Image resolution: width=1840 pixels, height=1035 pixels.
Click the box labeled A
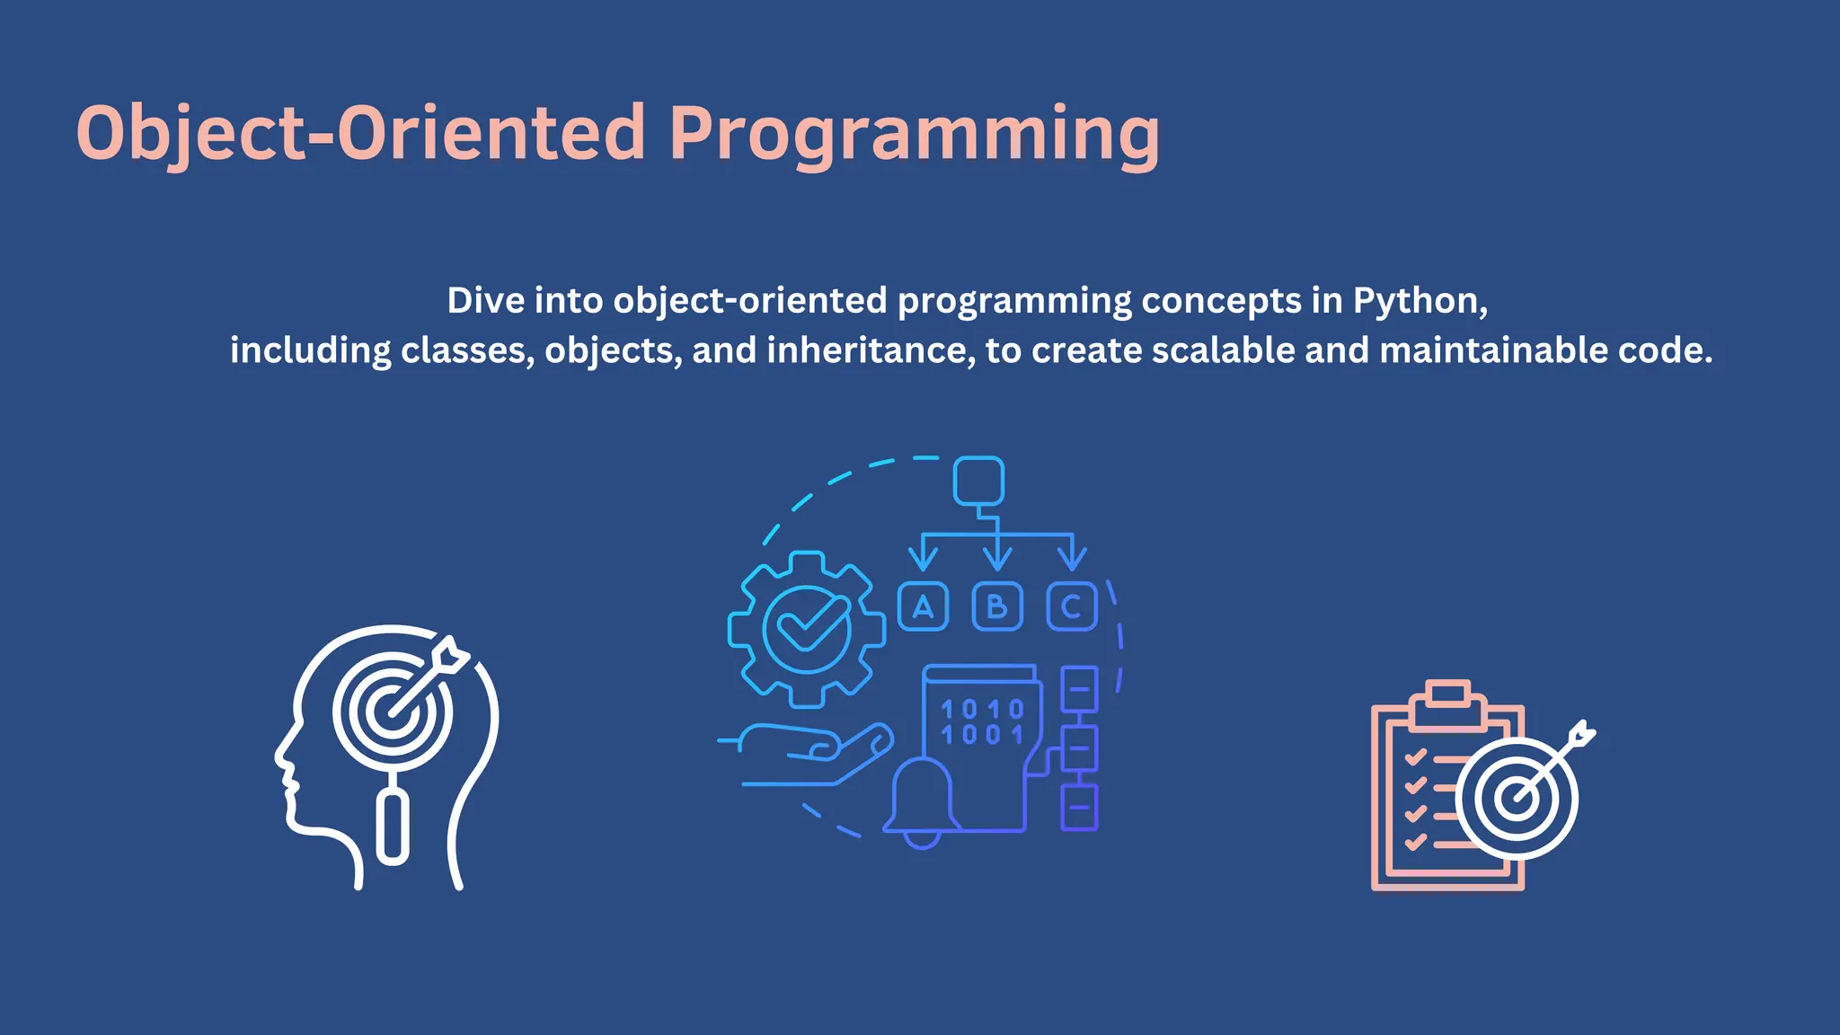[923, 607]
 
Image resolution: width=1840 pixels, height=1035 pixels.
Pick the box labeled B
[997, 607]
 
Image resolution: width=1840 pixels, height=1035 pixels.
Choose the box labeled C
[1072, 607]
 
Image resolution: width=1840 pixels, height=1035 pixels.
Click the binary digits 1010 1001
[981, 722]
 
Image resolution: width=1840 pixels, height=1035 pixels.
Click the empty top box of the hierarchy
[978, 482]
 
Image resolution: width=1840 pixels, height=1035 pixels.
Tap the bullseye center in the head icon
[393, 712]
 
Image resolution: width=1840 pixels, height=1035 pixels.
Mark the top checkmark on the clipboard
[1416, 756]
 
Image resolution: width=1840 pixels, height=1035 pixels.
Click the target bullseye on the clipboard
[1517, 798]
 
